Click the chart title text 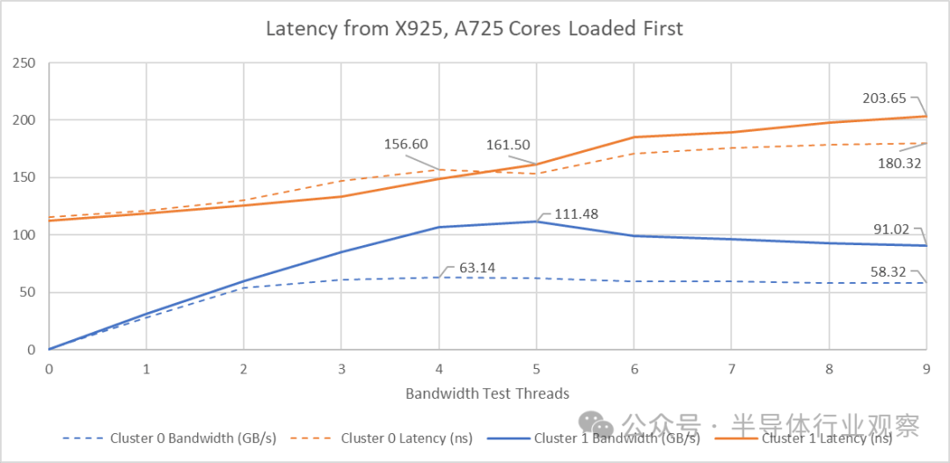point(475,29)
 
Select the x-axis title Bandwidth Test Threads point(487,394)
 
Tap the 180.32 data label point(900,163)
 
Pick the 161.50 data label point(508,145)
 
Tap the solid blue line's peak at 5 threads point(537,221)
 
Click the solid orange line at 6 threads point(634,137)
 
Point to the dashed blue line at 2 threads point(244,287)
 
